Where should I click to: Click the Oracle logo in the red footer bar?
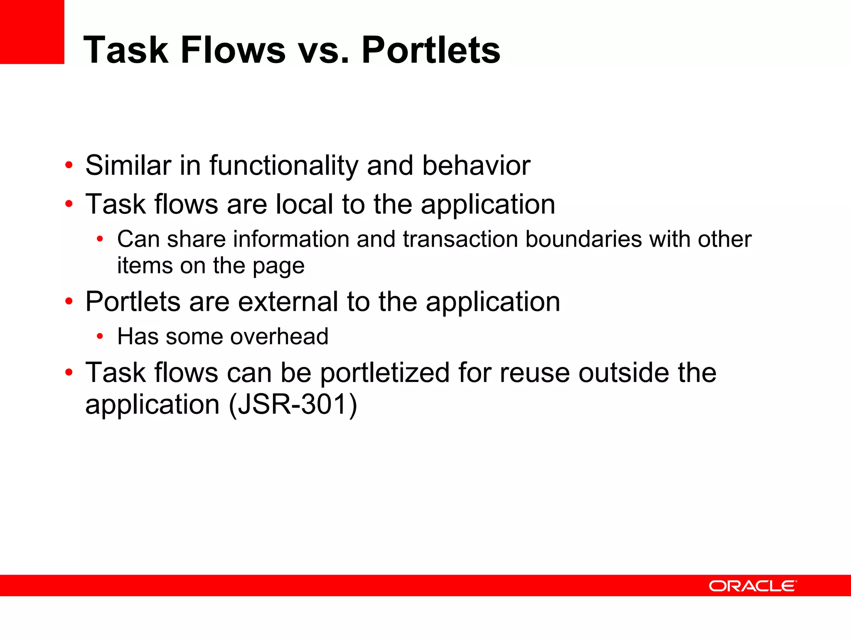[x=753, y=586]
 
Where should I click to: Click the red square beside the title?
[x=32, y=32]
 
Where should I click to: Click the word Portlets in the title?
[x=431, y=50]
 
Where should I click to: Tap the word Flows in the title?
[x=233, y=50]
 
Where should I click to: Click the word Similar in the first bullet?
[x=128, y=166]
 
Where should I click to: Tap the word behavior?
[x=476, y=166]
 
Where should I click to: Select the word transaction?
[x=460, y=239]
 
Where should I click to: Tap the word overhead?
[x=279, y=337]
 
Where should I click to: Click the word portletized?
[x=385, y=373]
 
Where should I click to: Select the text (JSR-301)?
[x=293, y=404]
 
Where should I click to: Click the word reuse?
[x=535, y=373]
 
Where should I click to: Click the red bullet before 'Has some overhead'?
[x=99, y=337]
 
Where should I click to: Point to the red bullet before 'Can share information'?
[x=99, y=239]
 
